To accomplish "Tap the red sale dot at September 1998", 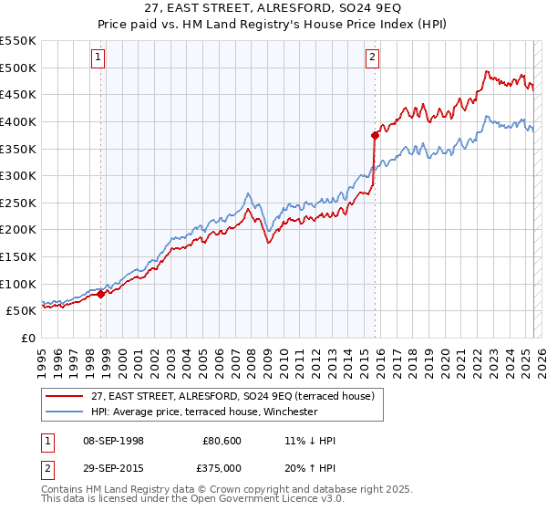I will click(x=101, y=294).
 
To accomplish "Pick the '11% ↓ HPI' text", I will click(x=310, y=441).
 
